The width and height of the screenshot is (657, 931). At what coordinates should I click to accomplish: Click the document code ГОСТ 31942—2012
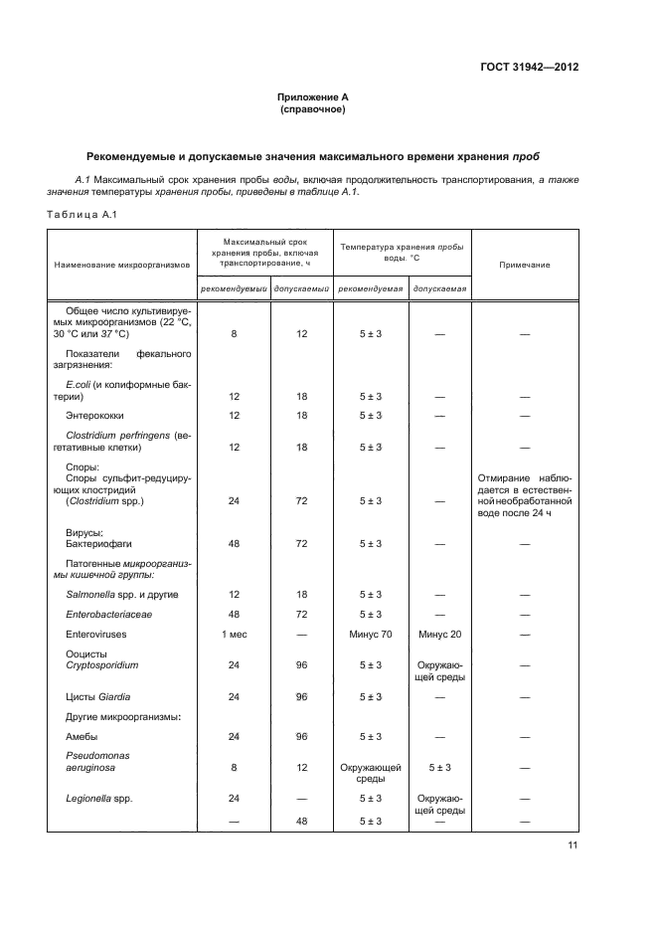pyautogui.click(x=531, y=69)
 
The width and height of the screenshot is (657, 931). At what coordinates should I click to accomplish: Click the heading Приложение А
pyautogui.click(x=312, y=97)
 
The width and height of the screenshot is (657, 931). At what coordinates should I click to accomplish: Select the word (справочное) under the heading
pyautogui.click(x=312, y=109)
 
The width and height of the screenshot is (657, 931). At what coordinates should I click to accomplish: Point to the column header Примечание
pyautogui.click(x=524, y=265)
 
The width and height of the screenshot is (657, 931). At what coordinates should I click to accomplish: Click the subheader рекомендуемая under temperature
pyautogui.click(x=370, y=289)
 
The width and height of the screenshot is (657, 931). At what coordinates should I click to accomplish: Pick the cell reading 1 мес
pyautogui.click(x=234, y=633)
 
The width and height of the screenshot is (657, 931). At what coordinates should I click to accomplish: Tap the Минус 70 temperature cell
pyautogui.click(x=371, y=633)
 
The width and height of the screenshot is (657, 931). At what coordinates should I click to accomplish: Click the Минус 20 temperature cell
pyautogui.click(x=438, y=633)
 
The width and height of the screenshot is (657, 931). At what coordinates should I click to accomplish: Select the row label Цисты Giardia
pyautogui.click(x=97, y=696)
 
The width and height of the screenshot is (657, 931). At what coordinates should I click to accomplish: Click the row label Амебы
pyautogui.click(x=82, y=736)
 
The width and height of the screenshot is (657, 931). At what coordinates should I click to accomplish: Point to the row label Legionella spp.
pyautogui.click(x=98, y=798)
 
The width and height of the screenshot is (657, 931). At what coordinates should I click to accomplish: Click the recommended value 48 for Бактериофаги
pyautogui.click(x=234, y=543)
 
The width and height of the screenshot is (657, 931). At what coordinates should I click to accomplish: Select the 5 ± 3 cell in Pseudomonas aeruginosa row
pyautogui.click(x=438, y=768)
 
